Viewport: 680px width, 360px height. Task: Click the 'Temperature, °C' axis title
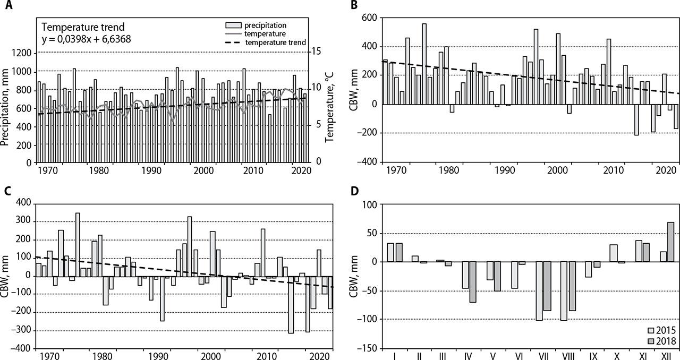pyautogui.click(x=329, y=107)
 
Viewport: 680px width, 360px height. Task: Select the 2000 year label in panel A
pyautogui.click(x=203, y=170)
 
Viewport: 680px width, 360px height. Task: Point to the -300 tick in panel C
pyautogui.click(x=21, y=331)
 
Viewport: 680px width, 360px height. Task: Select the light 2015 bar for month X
pyautogui.click(x=614, y=253)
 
